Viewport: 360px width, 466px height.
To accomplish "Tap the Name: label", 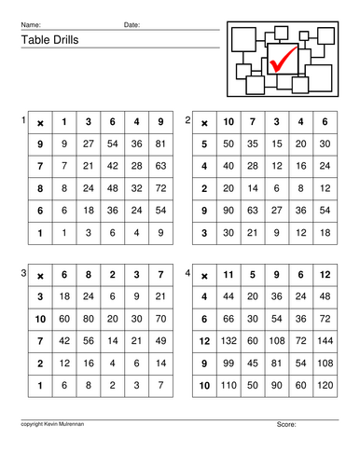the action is coord(31,24).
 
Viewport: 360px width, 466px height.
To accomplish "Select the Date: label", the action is coord(132,24).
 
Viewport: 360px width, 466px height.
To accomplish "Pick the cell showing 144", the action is coord(324,341).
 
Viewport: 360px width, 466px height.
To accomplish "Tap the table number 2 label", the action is coord(187,120).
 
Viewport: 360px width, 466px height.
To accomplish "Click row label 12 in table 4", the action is coord(202,341).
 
